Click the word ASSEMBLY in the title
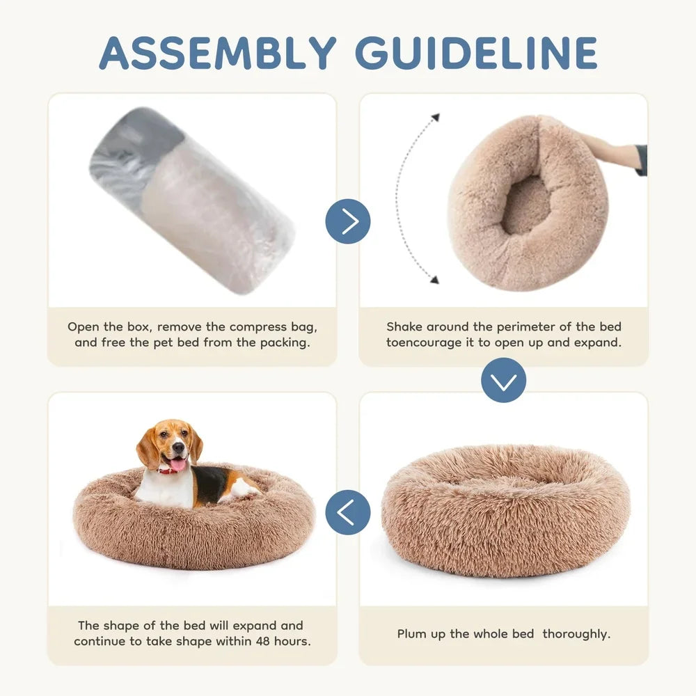tap(218, 52)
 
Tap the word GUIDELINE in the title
tap(477, 52)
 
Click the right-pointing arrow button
tap(348, 221)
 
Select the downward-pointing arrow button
tap(503, 380)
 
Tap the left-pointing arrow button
tap(348, 512)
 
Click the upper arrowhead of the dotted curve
tap(436, 117)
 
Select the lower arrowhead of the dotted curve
tap(434, 280)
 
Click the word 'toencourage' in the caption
tap(423, 342)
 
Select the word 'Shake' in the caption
tap(404, 326)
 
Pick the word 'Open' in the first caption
tap(83, 326)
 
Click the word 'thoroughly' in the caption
tap(576, 633)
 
